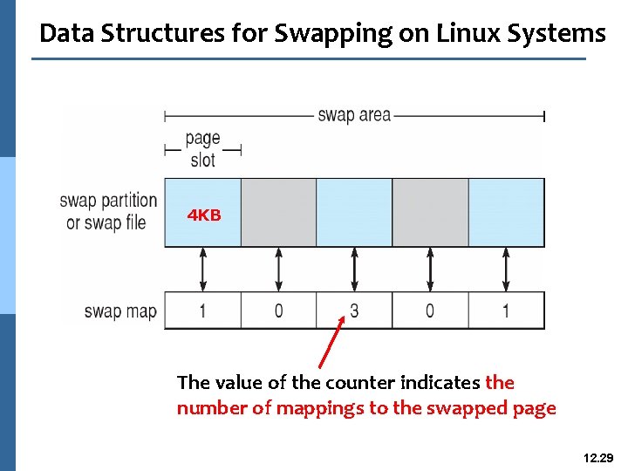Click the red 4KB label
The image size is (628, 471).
click(x=204, y=215)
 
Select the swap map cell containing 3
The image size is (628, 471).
click(x=354, y=311)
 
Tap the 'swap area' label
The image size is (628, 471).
click(x=354, y=115)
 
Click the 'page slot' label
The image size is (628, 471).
click(x=202, y=149)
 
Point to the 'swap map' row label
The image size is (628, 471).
click(x=120, y=311)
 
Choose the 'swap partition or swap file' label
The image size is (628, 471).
click(x=108, y=212)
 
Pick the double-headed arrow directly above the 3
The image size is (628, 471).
click(x=354, y=269)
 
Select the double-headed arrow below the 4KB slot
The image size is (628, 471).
click(x=203, y=269)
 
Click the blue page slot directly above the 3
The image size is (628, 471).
click(x=354, y=212)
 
